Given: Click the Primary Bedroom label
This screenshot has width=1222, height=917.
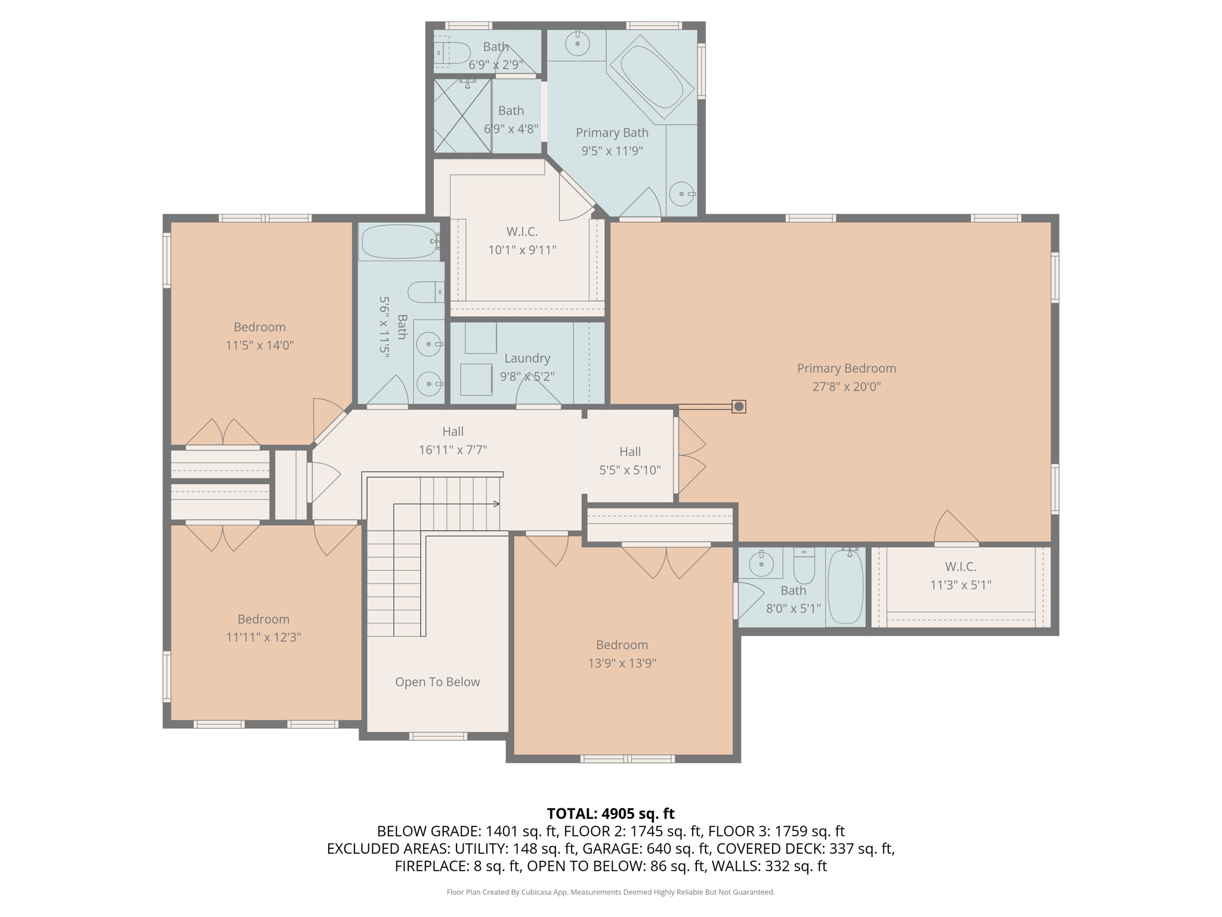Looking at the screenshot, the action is (x=846, y=368).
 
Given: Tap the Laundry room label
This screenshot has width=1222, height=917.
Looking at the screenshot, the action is (x=527, y=358).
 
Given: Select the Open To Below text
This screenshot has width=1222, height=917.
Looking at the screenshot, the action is (x=437, y=682).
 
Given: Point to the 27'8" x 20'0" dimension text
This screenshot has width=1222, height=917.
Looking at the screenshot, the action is (x=846, y=386).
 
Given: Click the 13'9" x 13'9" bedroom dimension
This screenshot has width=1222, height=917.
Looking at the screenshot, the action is (x=622, y=663).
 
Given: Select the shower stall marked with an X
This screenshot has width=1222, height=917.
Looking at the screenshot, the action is (x=462, y=116).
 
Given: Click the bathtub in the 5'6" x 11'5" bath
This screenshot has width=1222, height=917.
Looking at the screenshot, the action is (x=400, y=241).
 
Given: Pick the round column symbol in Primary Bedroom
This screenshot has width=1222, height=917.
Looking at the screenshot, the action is (x=739, y=407).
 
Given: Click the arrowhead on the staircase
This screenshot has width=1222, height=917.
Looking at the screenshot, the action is (x=496, y=504).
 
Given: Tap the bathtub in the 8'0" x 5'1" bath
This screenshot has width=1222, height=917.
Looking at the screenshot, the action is (x=845, y=587).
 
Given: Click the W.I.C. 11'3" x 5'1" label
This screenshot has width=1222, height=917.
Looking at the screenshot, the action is (x=961, y=576).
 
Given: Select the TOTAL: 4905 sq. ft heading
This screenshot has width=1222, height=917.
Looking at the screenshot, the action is (x=610, y=814).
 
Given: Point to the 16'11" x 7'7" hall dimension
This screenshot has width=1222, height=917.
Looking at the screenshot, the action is (x=453, y=450).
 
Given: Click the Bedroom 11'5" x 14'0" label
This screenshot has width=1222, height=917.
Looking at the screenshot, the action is (x=260, y=336).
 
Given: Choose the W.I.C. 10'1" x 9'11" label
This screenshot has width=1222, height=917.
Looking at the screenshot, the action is (x=522, y=241).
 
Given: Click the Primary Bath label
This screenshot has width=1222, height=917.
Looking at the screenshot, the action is (x=612, y=133).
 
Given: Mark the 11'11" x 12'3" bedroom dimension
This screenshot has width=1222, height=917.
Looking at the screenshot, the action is (x=263, y=637).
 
